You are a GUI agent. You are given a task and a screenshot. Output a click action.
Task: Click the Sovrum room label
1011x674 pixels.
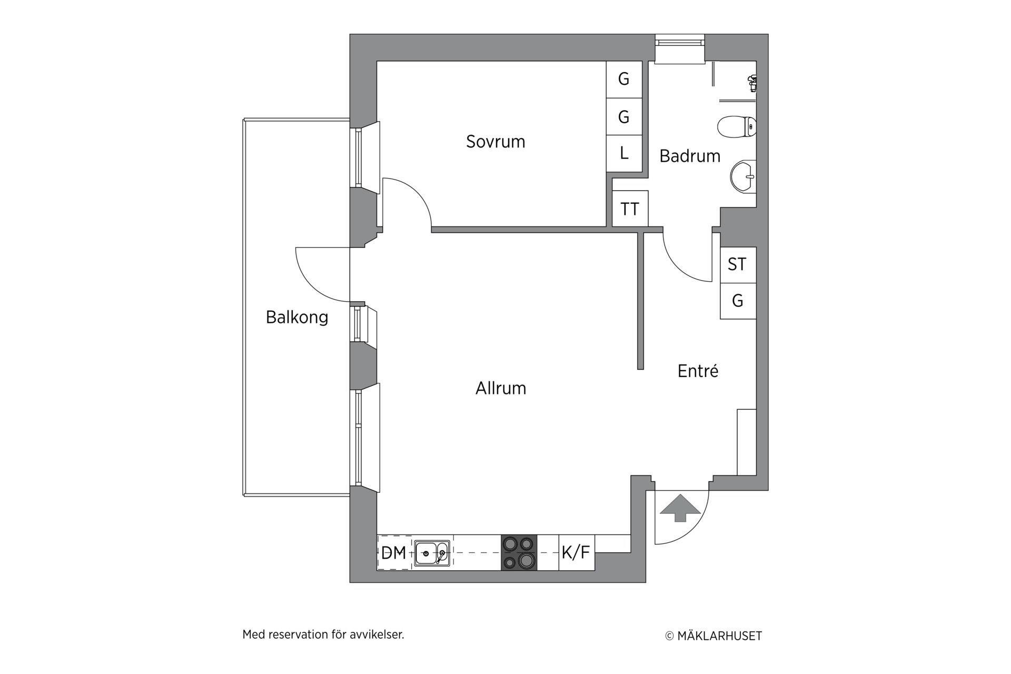point(495,142)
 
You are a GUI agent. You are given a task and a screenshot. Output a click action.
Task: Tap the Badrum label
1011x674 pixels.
point(690,156)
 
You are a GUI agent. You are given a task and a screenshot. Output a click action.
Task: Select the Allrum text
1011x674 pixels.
point(501,388)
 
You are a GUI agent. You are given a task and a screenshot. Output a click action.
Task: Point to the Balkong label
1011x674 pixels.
point(297,317)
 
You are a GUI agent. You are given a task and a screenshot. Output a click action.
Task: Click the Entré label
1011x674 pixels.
point(698,371)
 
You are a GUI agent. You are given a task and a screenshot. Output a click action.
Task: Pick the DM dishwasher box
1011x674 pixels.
point(394,552)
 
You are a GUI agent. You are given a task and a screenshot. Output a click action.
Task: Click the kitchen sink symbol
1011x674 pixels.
point(432,553)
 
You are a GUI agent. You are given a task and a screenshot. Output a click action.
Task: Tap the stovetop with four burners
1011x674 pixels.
point(519,552)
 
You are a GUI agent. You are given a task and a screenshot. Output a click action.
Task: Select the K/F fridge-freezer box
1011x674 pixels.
point(577,552)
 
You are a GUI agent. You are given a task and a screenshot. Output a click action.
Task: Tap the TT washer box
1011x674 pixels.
point(630,209)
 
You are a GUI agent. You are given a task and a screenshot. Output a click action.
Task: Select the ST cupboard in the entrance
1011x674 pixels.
point(738,265)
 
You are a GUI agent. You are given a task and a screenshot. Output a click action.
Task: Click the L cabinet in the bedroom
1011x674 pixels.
point(624,153)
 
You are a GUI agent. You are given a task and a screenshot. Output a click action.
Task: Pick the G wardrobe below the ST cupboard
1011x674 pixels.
point(738,301)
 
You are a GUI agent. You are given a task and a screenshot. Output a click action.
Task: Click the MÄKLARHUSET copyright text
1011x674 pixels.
point(713,636)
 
